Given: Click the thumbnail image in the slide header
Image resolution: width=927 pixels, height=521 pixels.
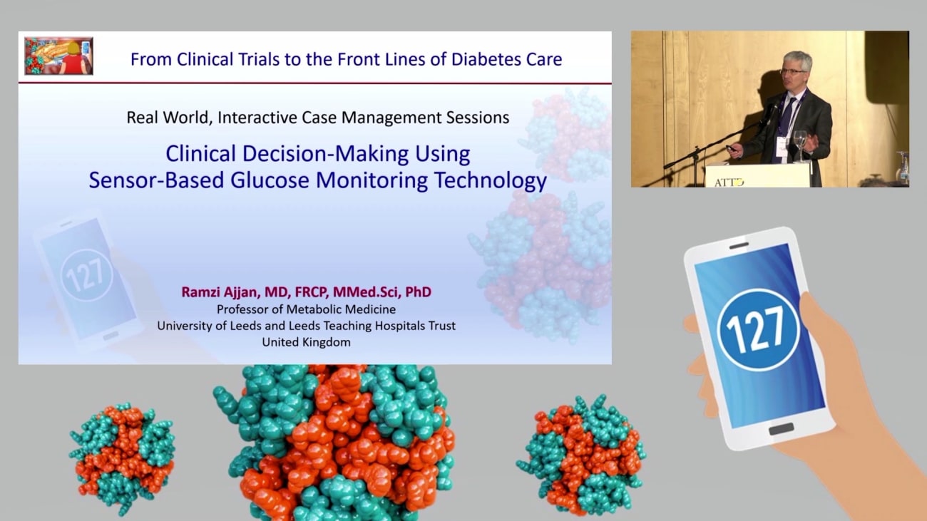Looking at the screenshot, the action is coord(58,56).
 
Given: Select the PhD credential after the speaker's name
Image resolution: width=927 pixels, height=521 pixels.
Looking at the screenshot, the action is coord(418,292).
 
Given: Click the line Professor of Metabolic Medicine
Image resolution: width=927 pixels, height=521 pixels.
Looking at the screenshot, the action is coord(306,309).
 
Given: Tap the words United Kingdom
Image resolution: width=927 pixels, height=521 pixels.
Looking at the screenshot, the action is coord(306,342).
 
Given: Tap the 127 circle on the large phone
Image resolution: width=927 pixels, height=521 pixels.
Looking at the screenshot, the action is coord(758,329).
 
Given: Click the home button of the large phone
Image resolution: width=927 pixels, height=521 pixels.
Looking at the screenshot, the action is coord(781,429).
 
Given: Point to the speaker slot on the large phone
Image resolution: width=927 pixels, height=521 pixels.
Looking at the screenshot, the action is coord(739,246).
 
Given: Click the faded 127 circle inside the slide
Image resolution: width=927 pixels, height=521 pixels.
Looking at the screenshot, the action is coord(86,274).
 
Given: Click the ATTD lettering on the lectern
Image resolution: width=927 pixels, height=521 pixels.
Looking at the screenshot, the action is coord(729,182).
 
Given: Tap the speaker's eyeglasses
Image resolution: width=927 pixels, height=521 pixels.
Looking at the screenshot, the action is coord(792,71).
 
